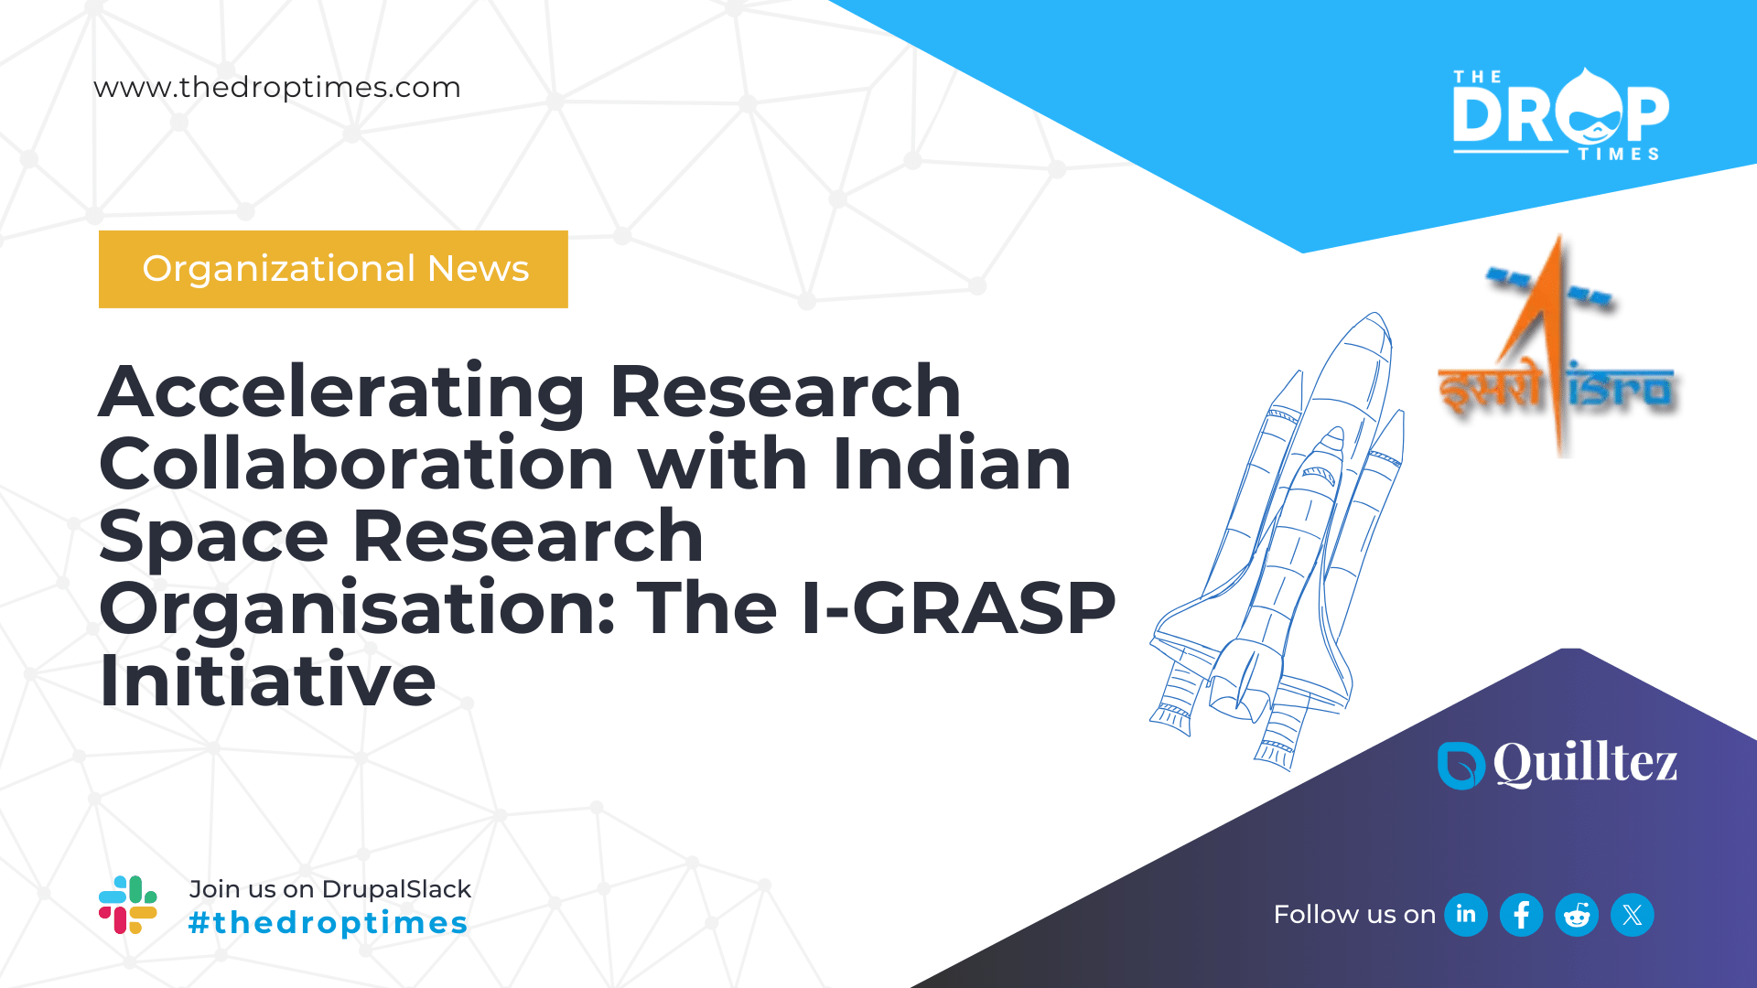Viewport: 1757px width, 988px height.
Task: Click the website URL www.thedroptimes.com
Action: click(277, 88)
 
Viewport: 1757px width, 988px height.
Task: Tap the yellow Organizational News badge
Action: click(333, 269)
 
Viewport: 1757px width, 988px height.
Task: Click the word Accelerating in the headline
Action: click(340, 392)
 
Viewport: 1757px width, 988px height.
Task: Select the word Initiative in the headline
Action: click(267, 681)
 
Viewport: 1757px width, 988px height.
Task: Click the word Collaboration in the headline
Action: click(356, 464)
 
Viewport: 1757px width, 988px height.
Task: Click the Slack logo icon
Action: click(128, 905)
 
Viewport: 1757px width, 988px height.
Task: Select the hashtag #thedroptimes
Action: click(328, 923)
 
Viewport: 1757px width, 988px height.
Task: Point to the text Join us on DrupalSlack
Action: click(329, 889)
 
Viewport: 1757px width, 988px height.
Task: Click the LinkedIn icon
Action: click(1466, 915)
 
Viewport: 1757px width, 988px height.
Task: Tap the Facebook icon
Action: click(1521, 915)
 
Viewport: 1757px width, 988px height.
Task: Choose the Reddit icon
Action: click(1577, 915)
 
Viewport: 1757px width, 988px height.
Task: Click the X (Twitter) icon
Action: click(1633, 915)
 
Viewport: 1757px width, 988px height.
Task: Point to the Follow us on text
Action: click(1354, 915)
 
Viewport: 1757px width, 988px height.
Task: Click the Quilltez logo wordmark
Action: click(1585, 763)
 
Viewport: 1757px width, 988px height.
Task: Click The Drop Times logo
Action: click(1560, 115)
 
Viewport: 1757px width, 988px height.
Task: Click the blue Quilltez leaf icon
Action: click(1461, 765)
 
